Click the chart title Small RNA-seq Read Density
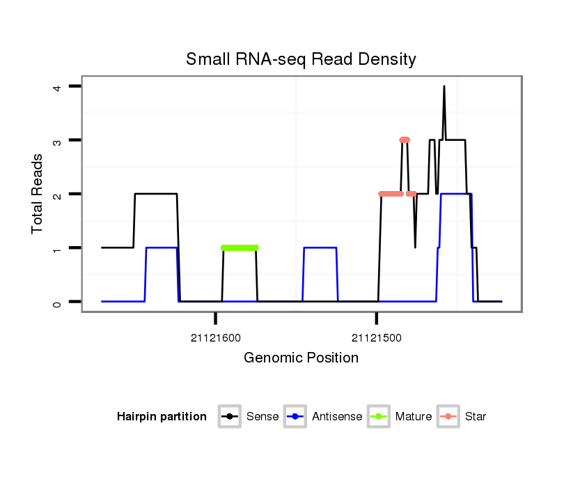301,59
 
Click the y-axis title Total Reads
38,193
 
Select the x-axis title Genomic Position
301,358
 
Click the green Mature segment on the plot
240,247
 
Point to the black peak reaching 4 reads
444,87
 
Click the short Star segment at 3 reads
405,140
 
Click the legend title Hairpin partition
162,417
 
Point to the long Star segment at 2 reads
391,194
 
